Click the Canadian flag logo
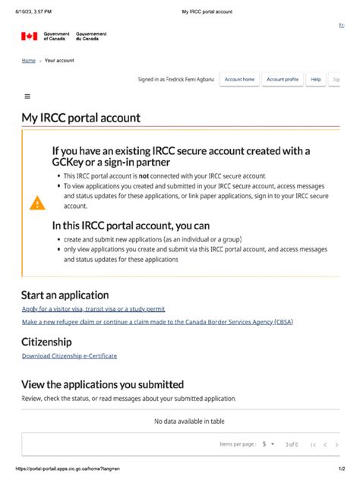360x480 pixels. (29, 36)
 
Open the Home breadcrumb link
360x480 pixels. (28, 60)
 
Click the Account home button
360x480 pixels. (239, 79)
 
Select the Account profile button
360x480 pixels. (282, 79)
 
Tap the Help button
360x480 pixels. (316, 79)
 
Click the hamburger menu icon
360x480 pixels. (27, 96)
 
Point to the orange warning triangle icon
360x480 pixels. (37, 203)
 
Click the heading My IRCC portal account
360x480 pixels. (81, 118)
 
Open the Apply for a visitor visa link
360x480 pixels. (93, 309)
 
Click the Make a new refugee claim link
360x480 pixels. (157, 322)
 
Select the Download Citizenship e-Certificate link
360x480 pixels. (69, 355)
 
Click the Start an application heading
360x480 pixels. (65, 295)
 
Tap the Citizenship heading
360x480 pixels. (47, 342)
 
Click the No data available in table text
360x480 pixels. (189, 422)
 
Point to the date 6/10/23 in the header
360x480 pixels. (14, 11)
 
